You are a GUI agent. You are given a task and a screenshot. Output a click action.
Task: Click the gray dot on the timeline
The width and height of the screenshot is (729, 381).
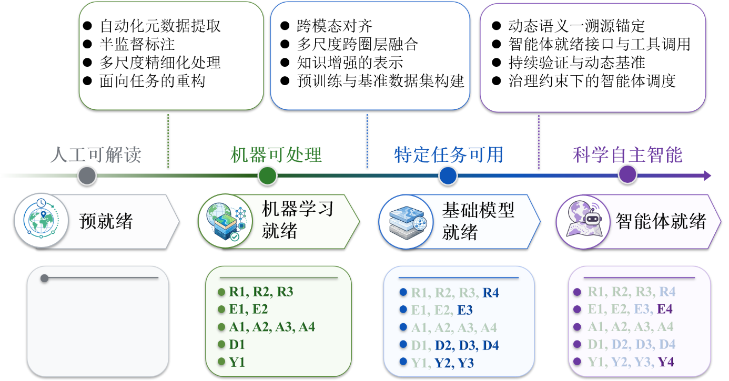coord(87,176)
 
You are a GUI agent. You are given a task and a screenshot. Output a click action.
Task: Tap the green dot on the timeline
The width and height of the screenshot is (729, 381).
coord(268,176)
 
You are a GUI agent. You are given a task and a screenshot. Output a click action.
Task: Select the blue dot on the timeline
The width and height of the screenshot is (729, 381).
coord(448,176)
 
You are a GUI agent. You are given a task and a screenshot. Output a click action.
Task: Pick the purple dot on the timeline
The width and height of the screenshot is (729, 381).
coord(627,174)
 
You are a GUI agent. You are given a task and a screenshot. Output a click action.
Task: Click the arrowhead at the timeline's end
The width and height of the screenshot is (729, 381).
coord(707,176)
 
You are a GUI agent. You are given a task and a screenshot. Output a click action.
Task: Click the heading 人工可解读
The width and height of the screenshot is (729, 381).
coord(96,155)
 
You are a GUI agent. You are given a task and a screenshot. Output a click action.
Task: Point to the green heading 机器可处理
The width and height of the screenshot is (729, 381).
coord(276,155)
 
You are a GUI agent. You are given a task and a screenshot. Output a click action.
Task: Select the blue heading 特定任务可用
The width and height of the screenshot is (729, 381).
coord(449,155)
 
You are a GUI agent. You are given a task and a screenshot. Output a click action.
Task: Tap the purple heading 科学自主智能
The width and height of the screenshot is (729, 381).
coord(627,155)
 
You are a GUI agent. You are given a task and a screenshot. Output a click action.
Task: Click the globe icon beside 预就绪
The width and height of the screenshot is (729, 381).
coord(42,221)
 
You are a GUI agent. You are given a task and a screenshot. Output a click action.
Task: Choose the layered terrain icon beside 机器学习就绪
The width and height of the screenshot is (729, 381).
coord(226,221)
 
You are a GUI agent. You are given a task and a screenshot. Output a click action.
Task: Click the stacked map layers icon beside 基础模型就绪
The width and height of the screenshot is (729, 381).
coord(406,222)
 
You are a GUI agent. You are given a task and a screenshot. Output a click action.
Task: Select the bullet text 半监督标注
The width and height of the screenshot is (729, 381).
coord(137,44)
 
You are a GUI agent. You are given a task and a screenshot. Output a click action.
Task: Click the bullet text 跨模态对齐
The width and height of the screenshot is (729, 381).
coord(335,26)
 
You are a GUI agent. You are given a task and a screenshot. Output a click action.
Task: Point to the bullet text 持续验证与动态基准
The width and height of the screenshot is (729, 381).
coord(576,63)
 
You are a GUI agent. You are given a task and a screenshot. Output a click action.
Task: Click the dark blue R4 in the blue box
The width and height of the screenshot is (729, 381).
coord(491,293)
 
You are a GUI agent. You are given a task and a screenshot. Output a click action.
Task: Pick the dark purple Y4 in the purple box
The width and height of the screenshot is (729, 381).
coord(665,362)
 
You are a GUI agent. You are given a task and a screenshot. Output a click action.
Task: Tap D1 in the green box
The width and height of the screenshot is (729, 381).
coord(237,344)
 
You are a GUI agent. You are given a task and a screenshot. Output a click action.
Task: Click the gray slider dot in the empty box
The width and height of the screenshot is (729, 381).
coord(45,279)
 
